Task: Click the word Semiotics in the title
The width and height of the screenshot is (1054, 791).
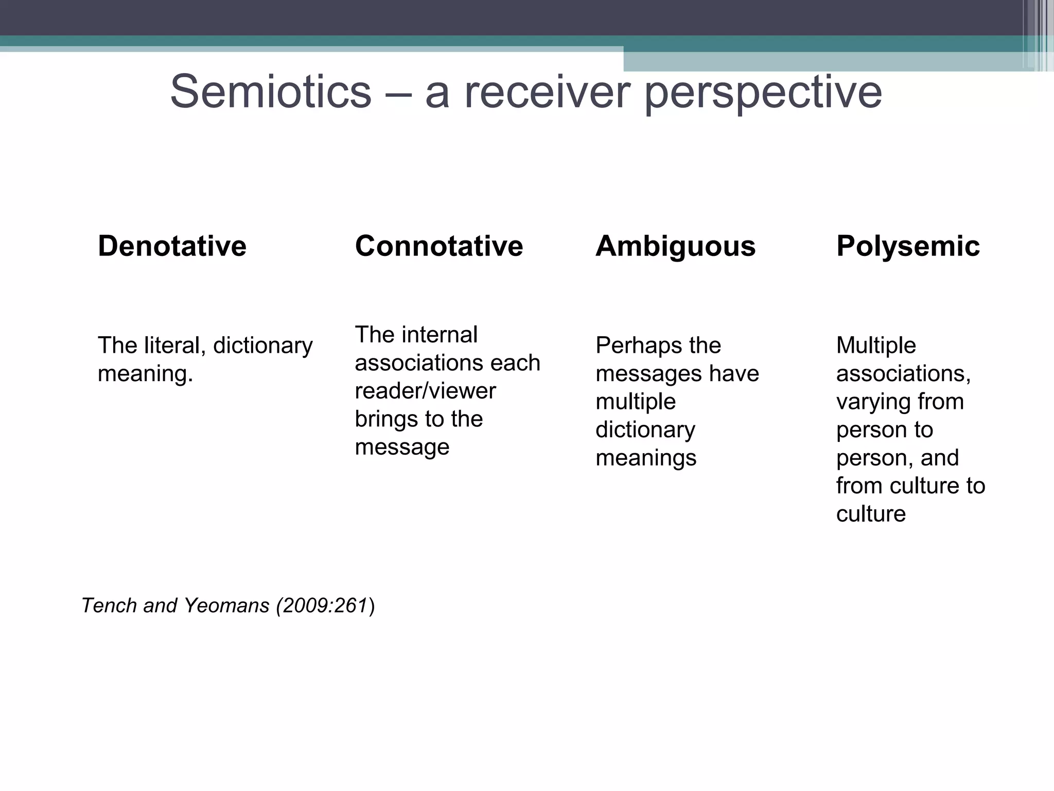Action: pos(271,92)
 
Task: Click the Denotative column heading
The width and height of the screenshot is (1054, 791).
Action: pos(172,246)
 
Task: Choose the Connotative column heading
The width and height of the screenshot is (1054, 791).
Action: pos(438,246)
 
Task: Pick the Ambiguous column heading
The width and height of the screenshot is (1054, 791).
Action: pos(675,246)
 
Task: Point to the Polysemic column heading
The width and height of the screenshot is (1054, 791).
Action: pos(908,246)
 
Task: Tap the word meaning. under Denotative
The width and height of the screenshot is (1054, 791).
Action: pos(145,373)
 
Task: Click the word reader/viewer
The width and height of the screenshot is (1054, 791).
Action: pos(425,391)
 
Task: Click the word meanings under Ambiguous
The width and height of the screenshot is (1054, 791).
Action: pos(646,458)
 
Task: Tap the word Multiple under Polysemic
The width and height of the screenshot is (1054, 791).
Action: pos(876,345)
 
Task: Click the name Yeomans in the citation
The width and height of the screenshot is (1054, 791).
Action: pos(226,606)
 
